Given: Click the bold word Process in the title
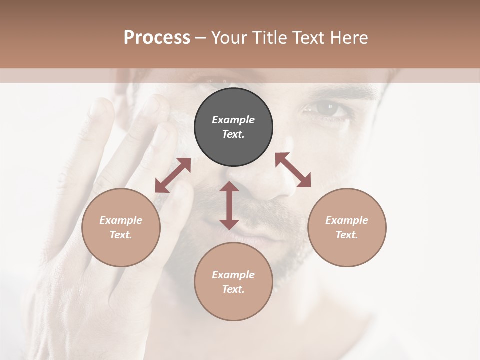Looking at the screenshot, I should point(157,38).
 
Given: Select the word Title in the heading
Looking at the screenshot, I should point(269,38).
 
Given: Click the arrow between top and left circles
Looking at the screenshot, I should point(173,175).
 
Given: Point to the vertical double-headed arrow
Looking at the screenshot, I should point(229,205).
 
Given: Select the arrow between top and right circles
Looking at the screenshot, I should point(293,170).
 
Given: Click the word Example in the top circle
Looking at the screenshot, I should point(233,120).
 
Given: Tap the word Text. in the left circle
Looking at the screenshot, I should point(121,235).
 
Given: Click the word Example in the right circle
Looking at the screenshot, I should point(347,220).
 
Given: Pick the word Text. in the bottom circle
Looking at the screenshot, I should point(233,289).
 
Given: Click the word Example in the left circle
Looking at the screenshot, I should point(121,220).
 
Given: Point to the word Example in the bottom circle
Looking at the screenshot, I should point(233,275).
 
